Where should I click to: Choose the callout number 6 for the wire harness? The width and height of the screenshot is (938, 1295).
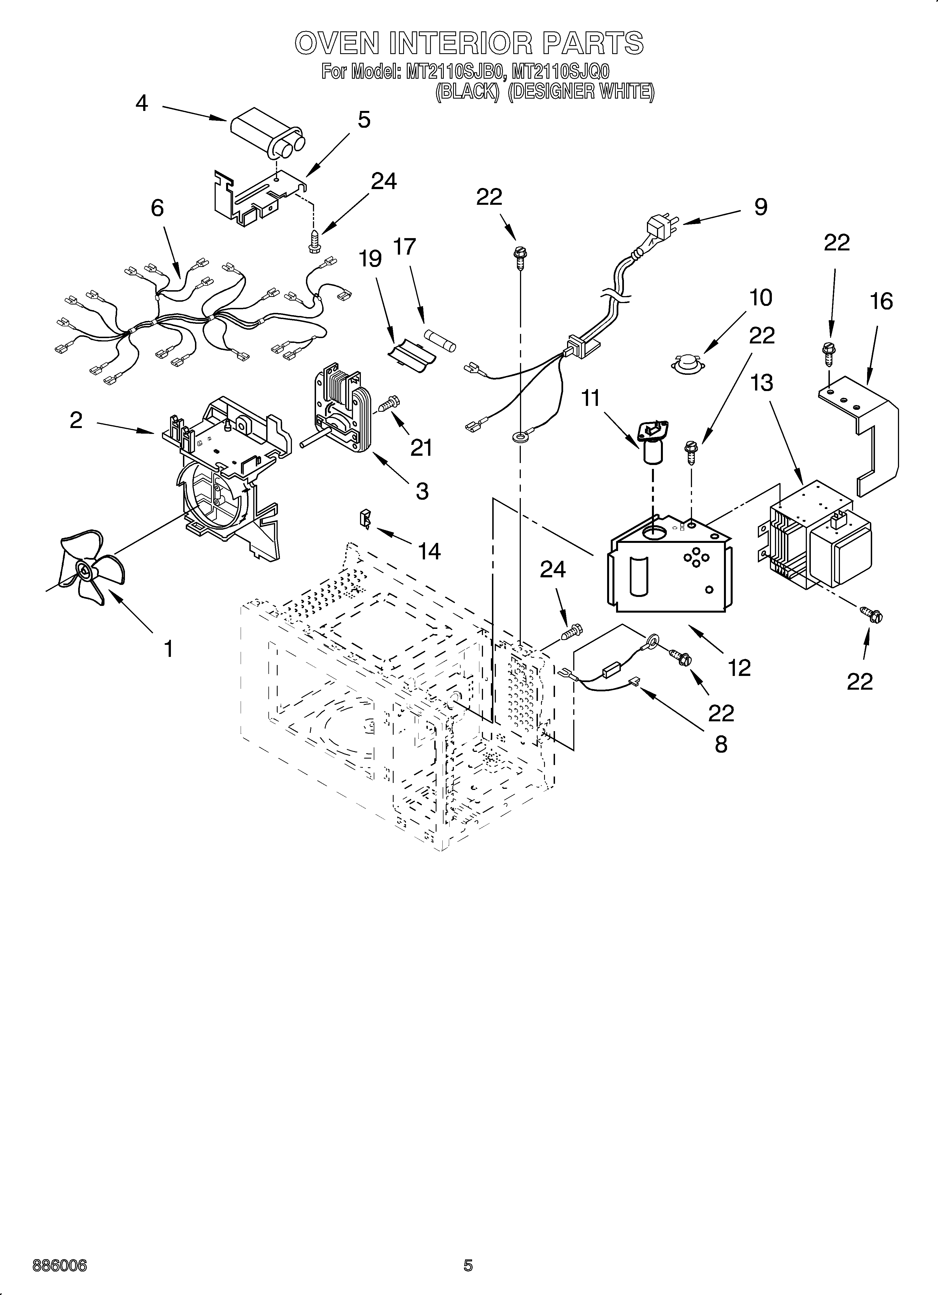[157, 208]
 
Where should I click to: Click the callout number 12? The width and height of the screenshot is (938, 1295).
[739, 667]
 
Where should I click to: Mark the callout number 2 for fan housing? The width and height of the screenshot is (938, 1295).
[76, 421]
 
